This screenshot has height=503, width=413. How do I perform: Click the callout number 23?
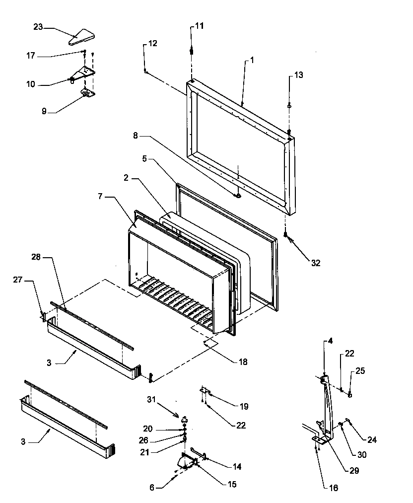click(38, 28)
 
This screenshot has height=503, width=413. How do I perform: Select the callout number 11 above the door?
click(199, 25)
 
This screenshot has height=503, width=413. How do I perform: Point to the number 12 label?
click(152, 44)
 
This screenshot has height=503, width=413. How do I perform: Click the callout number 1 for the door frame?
click(252, 60)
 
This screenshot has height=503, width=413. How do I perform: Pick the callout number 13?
click(298, 75)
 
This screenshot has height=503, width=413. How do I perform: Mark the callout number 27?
click(18, 280)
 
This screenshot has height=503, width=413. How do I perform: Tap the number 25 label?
click(360, 370)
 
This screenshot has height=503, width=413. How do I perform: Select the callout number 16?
click(334, 488)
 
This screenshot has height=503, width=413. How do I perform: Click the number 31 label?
click(151, 399)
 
